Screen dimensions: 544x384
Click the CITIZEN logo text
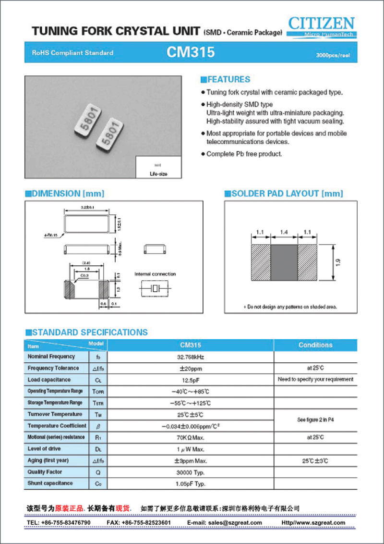[322, 23]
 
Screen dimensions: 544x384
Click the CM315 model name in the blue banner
[191, 52]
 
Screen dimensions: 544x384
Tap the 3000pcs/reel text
[333, 56]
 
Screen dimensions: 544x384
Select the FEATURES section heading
[226, 80]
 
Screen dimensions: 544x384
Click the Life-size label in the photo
[158, 173]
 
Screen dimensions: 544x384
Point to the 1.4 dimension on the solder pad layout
[285, 232]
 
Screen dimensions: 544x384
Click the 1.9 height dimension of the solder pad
[338, 263]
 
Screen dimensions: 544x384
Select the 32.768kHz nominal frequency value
[190, 357]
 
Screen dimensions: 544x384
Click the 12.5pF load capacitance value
[190, 380]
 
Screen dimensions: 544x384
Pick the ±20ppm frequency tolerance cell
[190, 368]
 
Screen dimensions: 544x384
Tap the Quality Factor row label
[45, 472]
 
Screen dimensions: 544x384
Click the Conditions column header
[315, 345]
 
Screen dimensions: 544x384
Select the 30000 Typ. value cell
[190, 472]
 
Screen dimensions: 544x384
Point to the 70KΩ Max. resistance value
[190, 437]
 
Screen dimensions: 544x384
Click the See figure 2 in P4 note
[315, 420]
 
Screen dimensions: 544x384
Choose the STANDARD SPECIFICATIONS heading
[86, 333]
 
